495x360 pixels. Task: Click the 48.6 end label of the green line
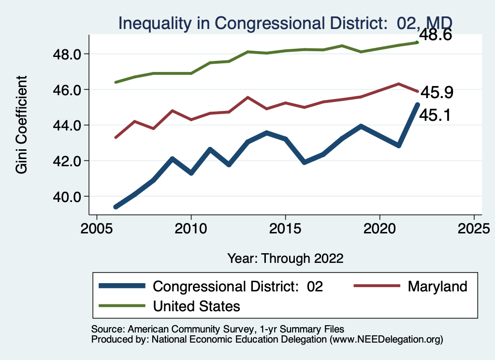pyautogui.click(x=435, y=35)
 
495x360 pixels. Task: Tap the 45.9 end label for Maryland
pyautogui.click(x=437, y=92)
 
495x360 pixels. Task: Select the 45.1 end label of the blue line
pyautogui.click(x=435, y=115)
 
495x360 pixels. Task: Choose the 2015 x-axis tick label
pyautogui.click(x=285, y=228)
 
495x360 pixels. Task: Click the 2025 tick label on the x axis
pyautogui.click(x=474, y=228)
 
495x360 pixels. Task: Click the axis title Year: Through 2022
pyautogui.click(x=285, y=258)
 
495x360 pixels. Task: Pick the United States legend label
pyautogui.click(x=196, y=305)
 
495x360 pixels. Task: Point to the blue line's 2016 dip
pyautogui.click(x=304, y=162)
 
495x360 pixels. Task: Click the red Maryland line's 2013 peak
pyautogui.click(x=248, y=97)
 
